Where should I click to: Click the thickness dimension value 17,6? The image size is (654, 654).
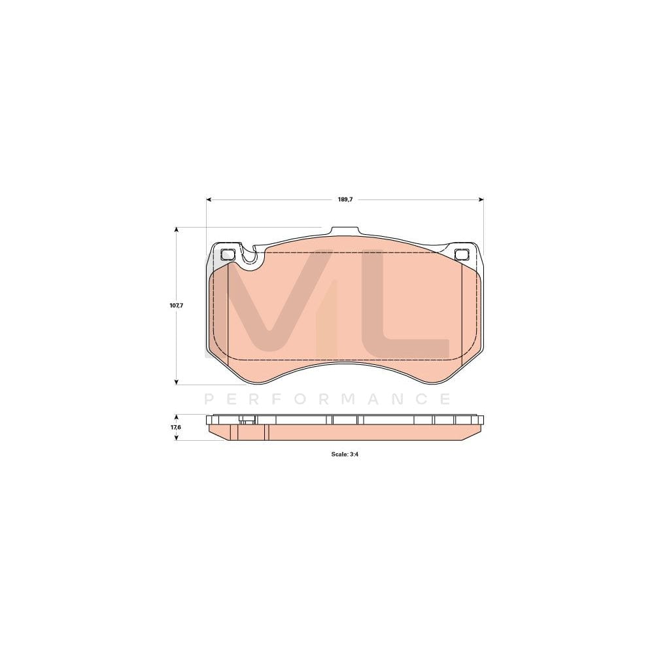point(175,427)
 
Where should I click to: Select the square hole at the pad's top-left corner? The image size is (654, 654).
point(228,254)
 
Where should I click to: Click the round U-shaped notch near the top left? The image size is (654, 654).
point(249,258)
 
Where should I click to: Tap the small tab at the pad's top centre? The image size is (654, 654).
point(345,231)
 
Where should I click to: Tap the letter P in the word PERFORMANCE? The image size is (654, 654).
point(209,399)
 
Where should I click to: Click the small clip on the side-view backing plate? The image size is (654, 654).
point(246,421)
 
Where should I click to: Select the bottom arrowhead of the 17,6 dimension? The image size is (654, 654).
point(176,438)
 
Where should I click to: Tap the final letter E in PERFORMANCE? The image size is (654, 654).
point(445,399)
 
